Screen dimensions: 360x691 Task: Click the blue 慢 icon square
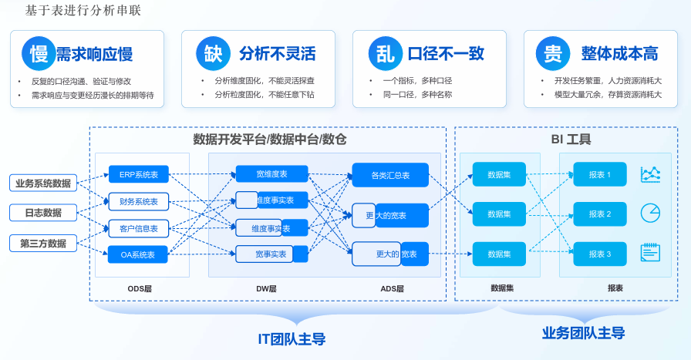(39, 53)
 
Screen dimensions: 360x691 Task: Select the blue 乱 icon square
(384, 53)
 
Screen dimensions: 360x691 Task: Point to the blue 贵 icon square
(552, 53)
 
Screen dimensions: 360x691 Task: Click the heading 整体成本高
(619, 53)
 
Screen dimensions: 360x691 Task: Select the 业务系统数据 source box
(43, 183)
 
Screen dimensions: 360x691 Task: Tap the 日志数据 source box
(43, 213)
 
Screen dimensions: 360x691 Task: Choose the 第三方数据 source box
(43, 244)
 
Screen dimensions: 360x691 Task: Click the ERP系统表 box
(139, 175)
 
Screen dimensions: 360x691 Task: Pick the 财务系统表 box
(139, 201)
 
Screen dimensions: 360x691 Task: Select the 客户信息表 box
(139, 228)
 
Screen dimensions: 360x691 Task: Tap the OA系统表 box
(139, 254)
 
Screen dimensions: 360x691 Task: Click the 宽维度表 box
(271, 174)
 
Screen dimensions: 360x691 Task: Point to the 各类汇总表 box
(389, 176)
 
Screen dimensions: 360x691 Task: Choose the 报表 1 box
(600, 175)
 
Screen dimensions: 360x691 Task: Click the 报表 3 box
(600, 254)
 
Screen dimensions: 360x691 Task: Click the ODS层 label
(140, 288)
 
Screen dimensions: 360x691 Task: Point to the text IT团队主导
(291, 339)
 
